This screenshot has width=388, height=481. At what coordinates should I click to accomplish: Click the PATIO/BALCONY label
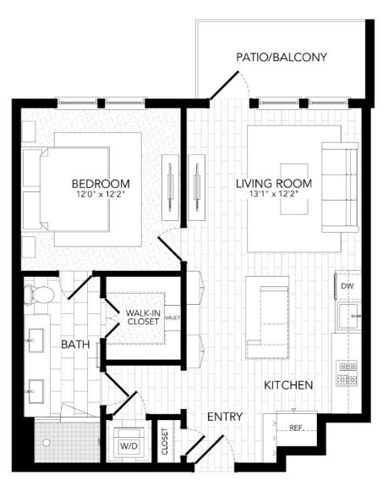[x=281, y=58]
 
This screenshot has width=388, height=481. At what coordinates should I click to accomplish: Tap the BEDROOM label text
[x=101, y=184]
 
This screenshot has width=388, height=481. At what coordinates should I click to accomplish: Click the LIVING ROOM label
[x=274, y=184]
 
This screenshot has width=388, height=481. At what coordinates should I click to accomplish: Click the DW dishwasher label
[x=347, y=287]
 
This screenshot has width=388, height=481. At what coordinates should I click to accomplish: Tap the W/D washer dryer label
[x=129, y=445]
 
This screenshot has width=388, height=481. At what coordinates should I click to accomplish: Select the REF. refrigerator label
[x=296, y=428]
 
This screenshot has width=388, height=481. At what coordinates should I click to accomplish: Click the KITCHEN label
[x=288, y=385]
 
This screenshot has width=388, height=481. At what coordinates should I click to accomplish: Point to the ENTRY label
[x=226, y=417]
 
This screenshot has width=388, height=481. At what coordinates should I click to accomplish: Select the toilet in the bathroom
[x=40, y=294]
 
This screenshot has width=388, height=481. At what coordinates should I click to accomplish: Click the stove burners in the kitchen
[x=347, y=373]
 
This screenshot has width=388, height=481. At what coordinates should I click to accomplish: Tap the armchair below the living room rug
[x=268, y=321]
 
